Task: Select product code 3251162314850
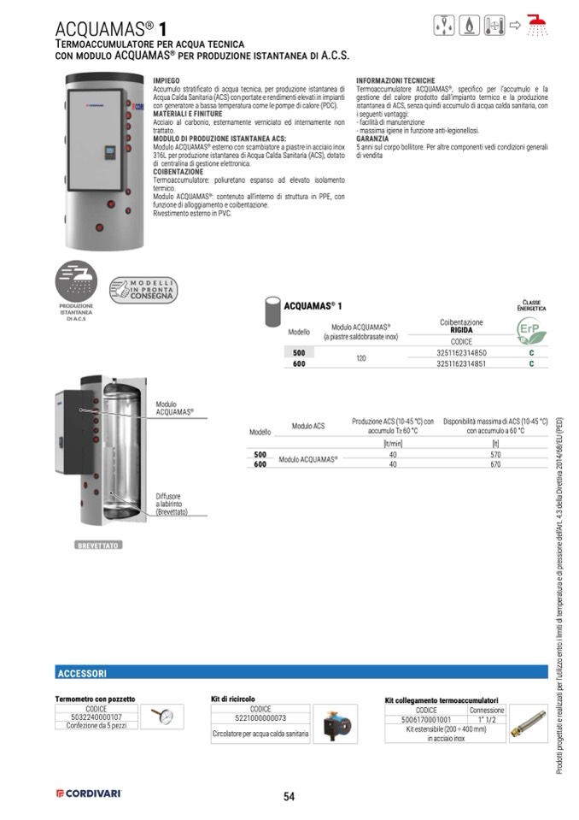pos(461,352)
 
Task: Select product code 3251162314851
pos(461,363)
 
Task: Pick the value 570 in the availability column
pos(495,455)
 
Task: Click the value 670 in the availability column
pos(495,464)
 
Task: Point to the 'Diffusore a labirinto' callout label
pos(171,504)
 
